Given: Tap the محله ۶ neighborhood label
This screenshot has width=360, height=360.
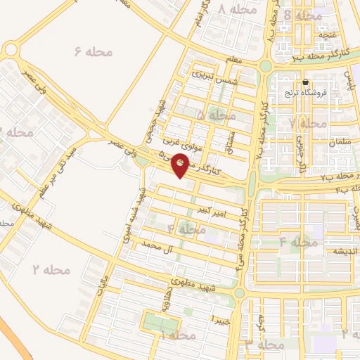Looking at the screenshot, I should pos(89,51).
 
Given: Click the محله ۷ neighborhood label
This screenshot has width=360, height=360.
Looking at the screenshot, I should pos(307,123).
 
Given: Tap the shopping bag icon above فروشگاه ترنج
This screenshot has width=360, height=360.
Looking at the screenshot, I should pos(304,82).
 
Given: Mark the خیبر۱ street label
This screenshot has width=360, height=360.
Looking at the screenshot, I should pos(221,319).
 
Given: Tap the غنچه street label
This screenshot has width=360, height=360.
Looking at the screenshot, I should pos(329,33).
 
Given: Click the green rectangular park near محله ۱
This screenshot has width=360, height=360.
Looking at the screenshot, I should pos(161,323).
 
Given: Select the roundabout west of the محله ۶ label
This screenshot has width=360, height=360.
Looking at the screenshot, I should pos(11,50).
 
